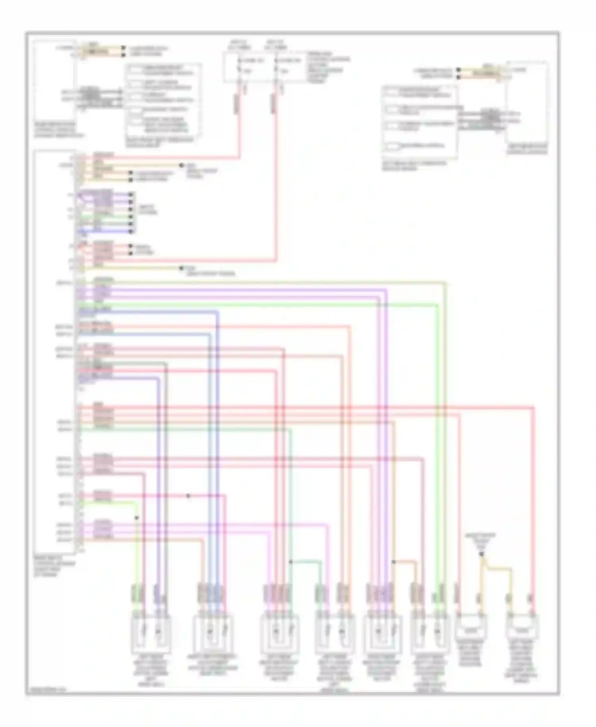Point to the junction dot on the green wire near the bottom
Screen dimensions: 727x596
pos(291,562)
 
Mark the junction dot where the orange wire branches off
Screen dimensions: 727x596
pos(394,562)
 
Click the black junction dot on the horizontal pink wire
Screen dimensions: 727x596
pos(188,496)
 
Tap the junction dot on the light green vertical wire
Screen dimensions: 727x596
pos(137,518)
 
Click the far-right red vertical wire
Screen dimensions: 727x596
pos(534,497)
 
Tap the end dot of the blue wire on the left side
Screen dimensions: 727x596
pos(132,231)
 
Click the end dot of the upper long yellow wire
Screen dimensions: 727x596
pos(181,165)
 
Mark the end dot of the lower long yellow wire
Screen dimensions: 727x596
pos(181,268)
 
